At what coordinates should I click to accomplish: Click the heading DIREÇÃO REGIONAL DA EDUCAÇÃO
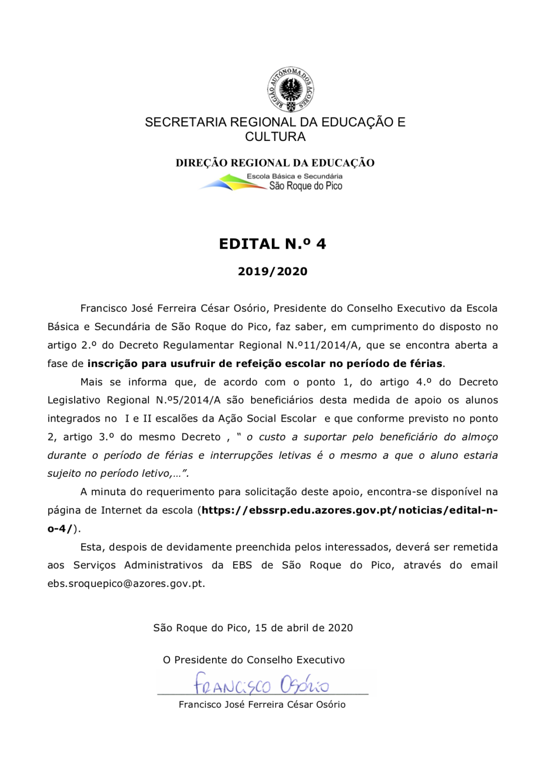coord(275,163)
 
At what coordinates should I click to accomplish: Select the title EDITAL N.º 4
coord(272,244)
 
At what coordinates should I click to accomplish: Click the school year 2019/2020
coord(272,272)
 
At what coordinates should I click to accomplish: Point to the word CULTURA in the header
coord(275,137)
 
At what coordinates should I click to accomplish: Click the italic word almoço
coord(479,437)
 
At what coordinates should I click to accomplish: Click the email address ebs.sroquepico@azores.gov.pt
coord(126,584)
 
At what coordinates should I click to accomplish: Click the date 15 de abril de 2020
coord(303,628)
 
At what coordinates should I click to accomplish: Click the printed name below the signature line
coord(262,705)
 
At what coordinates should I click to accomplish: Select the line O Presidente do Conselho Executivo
coord(254,660)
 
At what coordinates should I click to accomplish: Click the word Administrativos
coord(163,565)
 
